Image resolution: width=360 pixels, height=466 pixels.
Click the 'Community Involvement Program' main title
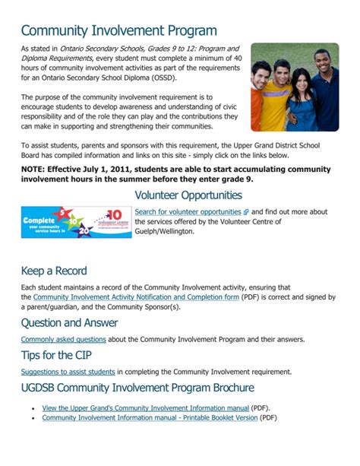[118, 31]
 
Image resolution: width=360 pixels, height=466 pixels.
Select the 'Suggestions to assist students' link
[68, 372]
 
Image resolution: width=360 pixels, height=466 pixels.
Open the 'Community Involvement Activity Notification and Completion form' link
[136, 297]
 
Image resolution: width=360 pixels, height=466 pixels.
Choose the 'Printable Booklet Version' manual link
[150, 418]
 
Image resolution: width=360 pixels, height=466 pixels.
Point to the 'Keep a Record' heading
[54, 271]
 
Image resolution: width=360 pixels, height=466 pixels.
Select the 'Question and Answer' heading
[70, 322]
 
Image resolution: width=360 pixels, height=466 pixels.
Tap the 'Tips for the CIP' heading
[58, 356]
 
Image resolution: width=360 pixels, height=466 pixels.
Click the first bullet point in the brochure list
[33, 409]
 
